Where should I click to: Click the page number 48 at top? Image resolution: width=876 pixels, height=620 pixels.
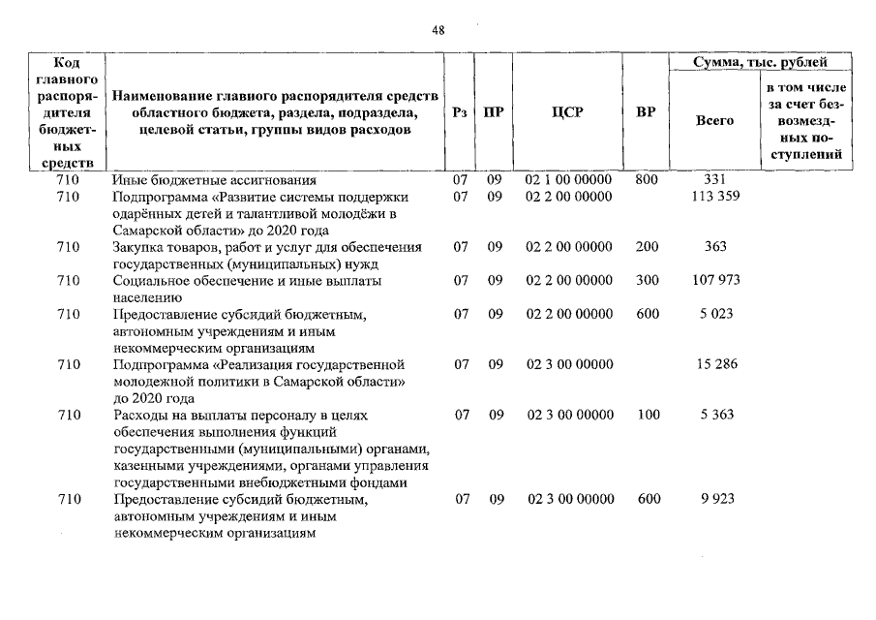tap(438, 30)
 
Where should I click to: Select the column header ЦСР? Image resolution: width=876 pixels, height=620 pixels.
tap(568, 112)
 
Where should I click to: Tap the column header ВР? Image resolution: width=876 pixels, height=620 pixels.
tap(646, 112)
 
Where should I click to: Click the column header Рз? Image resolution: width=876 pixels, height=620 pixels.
tap(461, 112)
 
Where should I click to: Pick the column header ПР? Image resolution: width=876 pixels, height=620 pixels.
tap(494, 112)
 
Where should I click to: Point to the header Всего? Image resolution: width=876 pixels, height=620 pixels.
tap(714, 121)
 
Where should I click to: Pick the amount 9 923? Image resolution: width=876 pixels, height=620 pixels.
tap(716, 499)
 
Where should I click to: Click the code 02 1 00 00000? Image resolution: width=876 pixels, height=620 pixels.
tap(568, 180)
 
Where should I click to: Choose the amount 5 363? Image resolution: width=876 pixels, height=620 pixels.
tap(716, 415)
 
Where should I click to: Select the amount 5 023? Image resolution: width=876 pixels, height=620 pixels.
tap(716, 314)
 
